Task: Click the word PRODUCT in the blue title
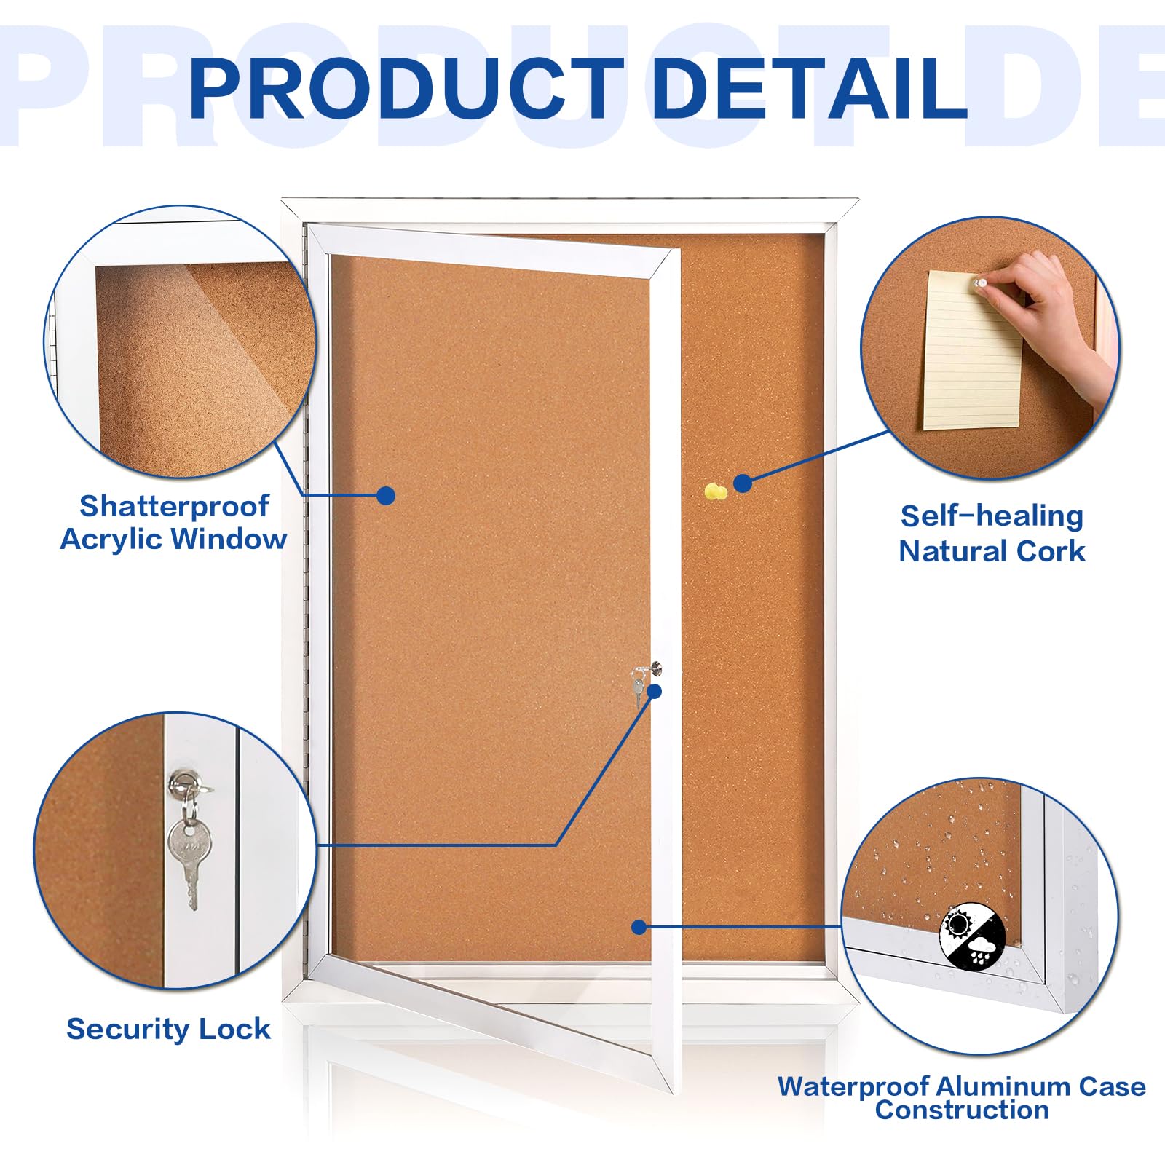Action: tap(406, 88)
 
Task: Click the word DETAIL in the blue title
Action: tap(809, 88)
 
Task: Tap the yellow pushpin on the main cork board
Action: tap(716, 492)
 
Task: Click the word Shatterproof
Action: tap(174, 505)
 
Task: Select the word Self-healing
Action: tap(992, 516)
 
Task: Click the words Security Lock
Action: tap(168, 1029)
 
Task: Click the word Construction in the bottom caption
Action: tap(962, 1110)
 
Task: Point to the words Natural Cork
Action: tap(992, 551)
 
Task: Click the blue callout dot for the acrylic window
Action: tap(386, 496)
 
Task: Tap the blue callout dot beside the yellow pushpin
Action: tap(743, 483)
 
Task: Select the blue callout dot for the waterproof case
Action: tap(639, 927)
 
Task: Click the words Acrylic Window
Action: tap(173, 540)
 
